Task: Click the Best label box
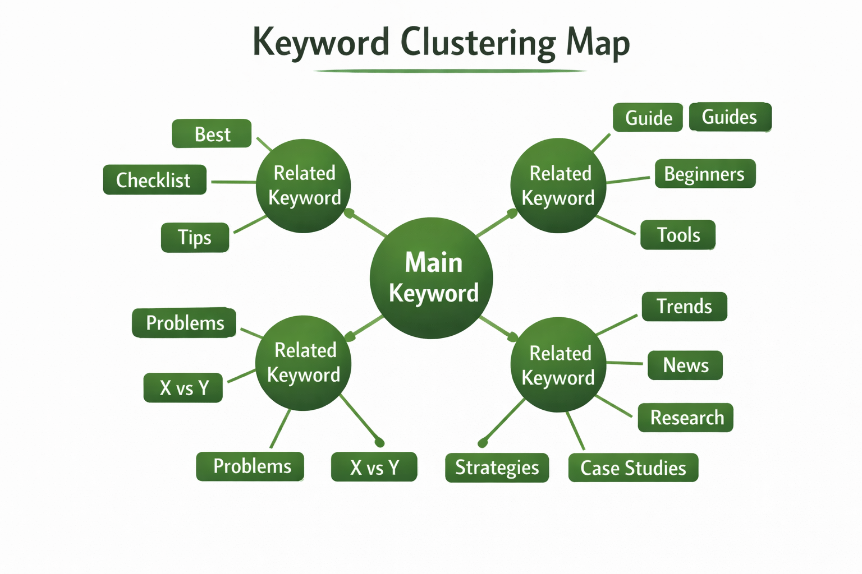pos(212,134)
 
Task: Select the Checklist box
pos(154,180)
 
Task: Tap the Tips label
pos(195,237)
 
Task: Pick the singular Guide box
pos(648,118)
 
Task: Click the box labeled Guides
pos(730,117)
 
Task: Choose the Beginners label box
pos(705,174)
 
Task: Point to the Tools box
pos(678,235)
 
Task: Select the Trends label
pos(684,307)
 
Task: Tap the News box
pos(685,365)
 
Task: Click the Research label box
pos(686,418)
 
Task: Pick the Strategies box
pos(497,467)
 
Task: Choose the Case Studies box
pos(633,467)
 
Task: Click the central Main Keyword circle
pos(432,278)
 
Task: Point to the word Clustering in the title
pos(478,43)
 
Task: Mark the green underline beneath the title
pos(449,71)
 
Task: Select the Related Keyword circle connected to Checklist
pos(304,186)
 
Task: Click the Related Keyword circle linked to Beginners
pos(558,186)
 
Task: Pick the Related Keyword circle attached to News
pos(558,365)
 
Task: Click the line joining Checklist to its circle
pos(232,182)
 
